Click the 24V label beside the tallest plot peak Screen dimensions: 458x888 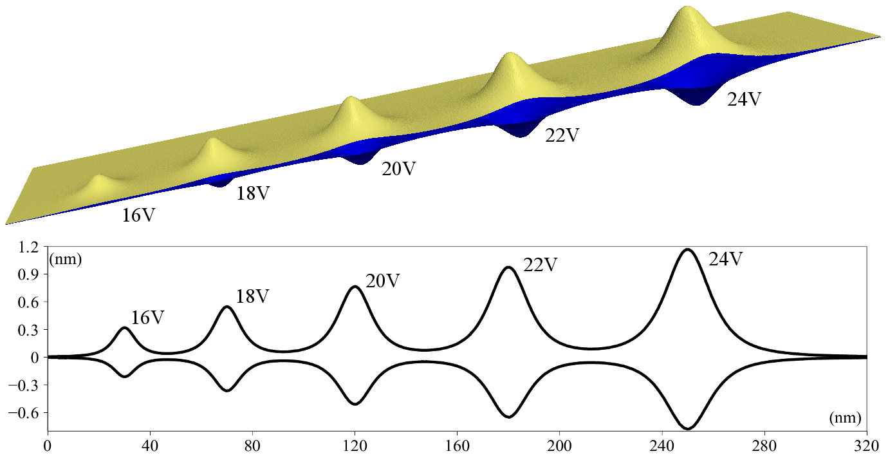point(726,260)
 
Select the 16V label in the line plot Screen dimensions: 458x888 point(147,318)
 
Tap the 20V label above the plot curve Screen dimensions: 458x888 point(383,281)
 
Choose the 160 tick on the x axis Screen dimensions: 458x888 point(457,446)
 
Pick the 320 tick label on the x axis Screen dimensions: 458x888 point(867,446)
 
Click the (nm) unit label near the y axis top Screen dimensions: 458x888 point(64,261)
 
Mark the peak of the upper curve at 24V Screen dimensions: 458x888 point(688,249)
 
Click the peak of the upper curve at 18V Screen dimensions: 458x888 point(227,307)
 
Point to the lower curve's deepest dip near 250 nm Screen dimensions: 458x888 point(688,428)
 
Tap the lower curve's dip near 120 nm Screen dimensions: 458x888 point(355,404)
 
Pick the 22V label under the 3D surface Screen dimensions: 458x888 point(562,136)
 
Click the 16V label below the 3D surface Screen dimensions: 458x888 point(138,215)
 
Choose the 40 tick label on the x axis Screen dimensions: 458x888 point(150,446)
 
